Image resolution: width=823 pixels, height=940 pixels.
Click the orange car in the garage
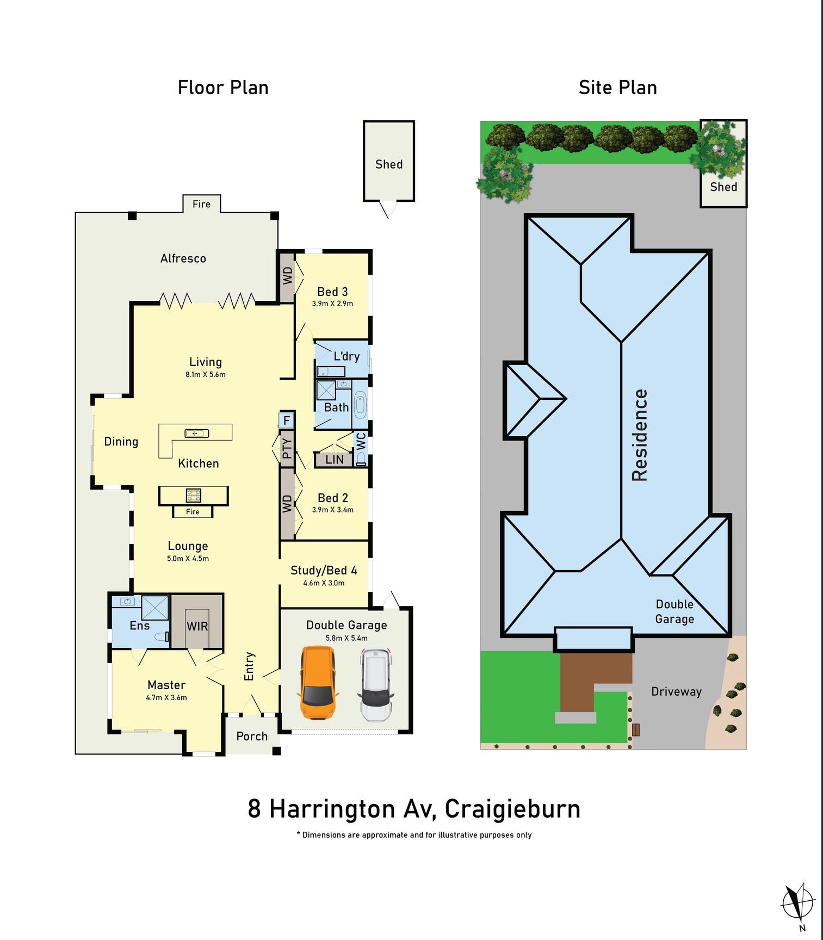[x=317, y=683]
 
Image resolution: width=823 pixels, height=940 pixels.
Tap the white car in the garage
[x=375, y=684]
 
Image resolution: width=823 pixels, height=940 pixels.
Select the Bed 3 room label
[x=332, y=292]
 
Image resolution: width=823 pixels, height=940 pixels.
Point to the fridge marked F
[x=286, y=420]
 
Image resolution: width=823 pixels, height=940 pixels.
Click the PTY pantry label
[x=287, y=448]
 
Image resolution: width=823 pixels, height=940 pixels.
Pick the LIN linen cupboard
[x=335, y=460]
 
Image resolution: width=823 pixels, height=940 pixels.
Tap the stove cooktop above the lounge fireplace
[x=194, y=495]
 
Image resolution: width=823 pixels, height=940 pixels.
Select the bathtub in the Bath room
[x=360, y=405]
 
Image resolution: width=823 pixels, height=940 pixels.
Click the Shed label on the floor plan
[x=389, y=164]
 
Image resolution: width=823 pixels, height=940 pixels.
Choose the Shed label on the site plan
[x=723, y=187]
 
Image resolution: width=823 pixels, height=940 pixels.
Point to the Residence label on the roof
[x=640, y=435]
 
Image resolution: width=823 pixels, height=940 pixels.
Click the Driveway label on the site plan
[x=677, y=692]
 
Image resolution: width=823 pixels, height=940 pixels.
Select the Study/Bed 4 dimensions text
[x=324, y=583]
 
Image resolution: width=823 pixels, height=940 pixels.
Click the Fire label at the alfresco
[x=201, y=204]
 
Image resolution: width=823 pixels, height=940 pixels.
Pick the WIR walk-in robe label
[x=197, y=626]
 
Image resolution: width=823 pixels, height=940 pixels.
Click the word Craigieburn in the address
[x=513, y=809]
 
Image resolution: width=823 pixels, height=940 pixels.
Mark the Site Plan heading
[x=618, y=88]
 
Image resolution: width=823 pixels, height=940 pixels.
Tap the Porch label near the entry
[x=252, y=737]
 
